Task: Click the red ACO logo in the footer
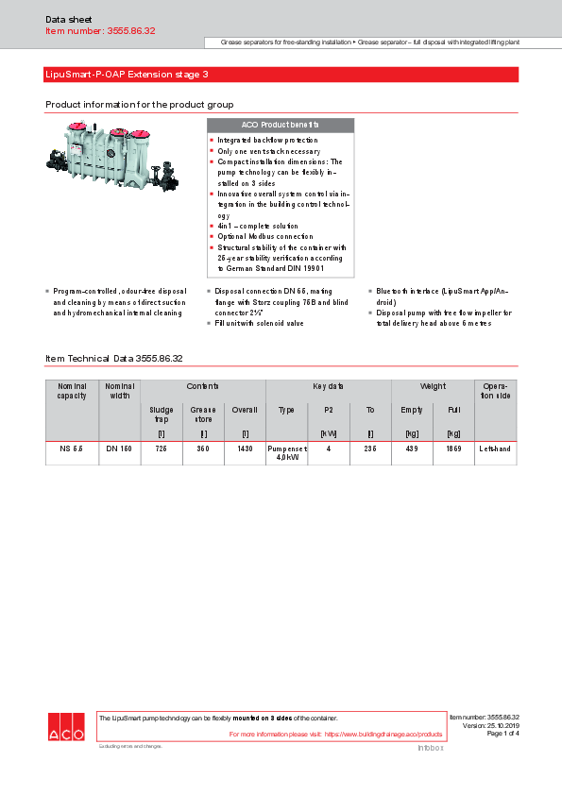66,728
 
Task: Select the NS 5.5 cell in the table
72,448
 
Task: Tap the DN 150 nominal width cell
119,448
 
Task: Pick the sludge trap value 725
161,448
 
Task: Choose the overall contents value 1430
245,448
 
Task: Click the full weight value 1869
453,448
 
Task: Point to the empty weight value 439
412,448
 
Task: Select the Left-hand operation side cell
495,448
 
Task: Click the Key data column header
328,387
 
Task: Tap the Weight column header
433,387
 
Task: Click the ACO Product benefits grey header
280,125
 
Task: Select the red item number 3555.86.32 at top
100,31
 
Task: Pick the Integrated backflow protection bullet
266,140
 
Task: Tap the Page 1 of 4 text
502,734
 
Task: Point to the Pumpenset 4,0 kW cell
286,453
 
